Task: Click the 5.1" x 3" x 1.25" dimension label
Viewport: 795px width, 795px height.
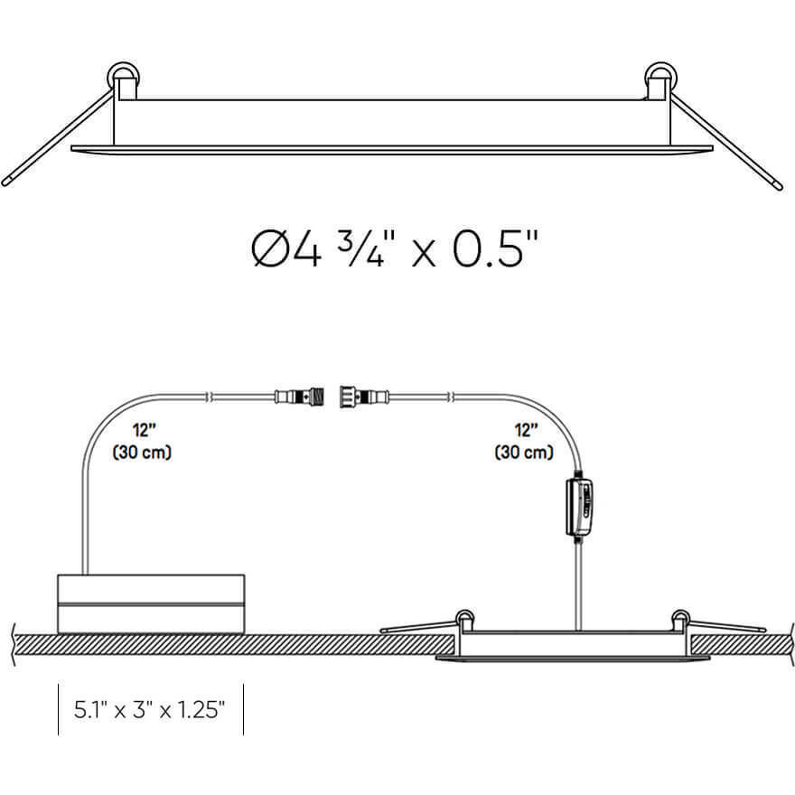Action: pos(149,710)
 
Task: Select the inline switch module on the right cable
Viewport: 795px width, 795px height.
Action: pos(578,508)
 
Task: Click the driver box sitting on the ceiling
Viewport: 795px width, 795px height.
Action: pos(151,603)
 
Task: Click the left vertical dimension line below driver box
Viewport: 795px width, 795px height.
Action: pos(59,710)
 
